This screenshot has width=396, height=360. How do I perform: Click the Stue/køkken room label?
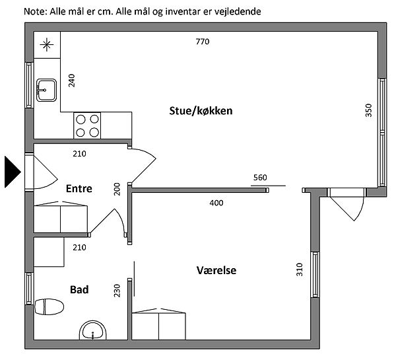(x=201, y=111)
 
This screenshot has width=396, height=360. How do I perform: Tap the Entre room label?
(x=79, y=189)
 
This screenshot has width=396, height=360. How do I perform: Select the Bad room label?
(x=79, y=290)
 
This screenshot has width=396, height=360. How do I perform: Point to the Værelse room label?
(x=216, y=270)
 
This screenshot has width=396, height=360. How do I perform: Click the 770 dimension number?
(x=203, y=42)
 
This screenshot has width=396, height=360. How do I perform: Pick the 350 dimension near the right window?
(x=369, y=110)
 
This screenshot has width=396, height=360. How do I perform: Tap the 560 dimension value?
(x=260, y=178)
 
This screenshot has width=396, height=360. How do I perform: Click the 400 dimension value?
(x=216, y=203)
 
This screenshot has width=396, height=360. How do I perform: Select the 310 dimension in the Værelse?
(x=299, y=270)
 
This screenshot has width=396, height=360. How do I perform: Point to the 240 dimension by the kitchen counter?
(x=72, y=81)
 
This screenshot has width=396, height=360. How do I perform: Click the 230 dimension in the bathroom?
(x=117, y=291)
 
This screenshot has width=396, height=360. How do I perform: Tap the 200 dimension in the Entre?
(x=117, y=189)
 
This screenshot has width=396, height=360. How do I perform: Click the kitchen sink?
(x=46, y=90)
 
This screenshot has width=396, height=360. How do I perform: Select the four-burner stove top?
(x=87, y=126)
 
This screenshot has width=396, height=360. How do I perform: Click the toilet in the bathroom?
(x=49, y=306)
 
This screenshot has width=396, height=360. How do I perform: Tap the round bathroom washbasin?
(x=93, y=330)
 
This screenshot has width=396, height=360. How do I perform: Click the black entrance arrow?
(x=13, y=172)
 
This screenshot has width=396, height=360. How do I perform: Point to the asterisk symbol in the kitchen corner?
(x=47, y=45)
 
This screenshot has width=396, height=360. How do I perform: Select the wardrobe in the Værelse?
(x=158, y=324)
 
